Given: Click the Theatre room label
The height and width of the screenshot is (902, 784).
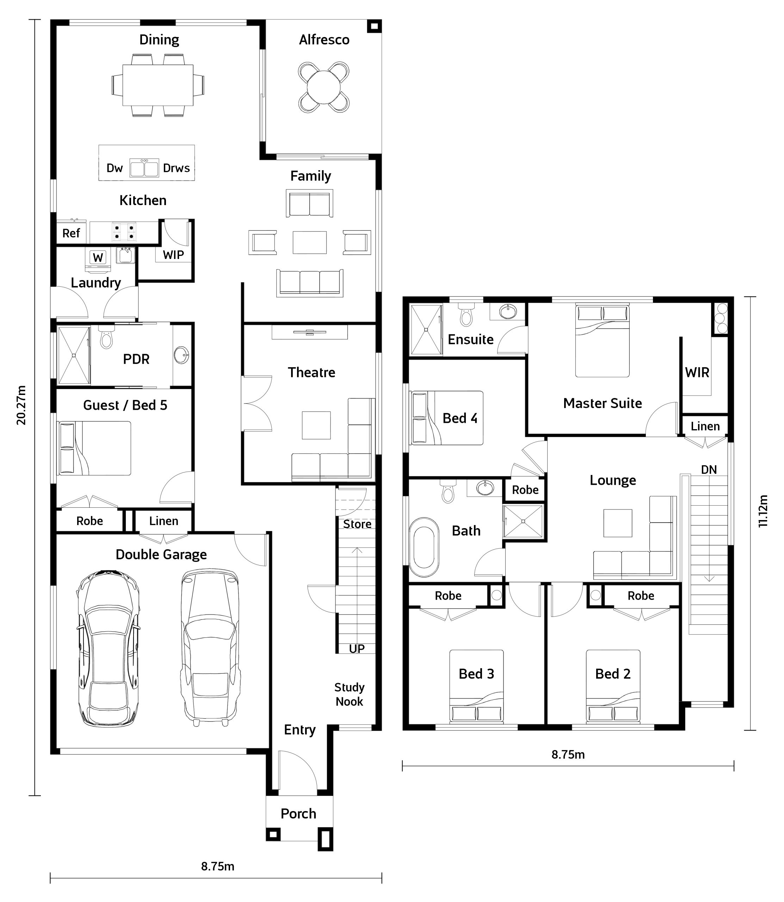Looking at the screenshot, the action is [311, 372].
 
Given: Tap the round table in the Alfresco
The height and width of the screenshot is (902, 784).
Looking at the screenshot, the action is [324, 87].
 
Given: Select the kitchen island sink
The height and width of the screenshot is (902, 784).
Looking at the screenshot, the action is [144, 167].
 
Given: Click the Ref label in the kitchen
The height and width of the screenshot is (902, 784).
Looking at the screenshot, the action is [71, 233].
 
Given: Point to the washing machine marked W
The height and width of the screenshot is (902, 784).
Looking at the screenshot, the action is [98, 257].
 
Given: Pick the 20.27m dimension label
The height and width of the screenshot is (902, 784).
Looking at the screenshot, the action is [21, 405].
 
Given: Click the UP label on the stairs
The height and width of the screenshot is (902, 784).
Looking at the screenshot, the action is [357, 649].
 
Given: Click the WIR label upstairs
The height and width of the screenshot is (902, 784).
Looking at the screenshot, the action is [697, 373].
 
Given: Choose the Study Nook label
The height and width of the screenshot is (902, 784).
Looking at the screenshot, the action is [349, 694].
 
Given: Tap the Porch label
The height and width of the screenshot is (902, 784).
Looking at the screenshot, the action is [298, 814].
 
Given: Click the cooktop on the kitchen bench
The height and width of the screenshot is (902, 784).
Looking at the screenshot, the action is [124, 231].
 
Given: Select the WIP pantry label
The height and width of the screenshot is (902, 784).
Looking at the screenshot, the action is [173, 255].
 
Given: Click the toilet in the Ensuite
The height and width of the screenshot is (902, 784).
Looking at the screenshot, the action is [467, 314].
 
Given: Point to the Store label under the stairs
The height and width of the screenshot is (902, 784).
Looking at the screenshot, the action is [357, 524].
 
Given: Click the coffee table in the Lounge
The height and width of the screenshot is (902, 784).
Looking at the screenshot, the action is [618, 523].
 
